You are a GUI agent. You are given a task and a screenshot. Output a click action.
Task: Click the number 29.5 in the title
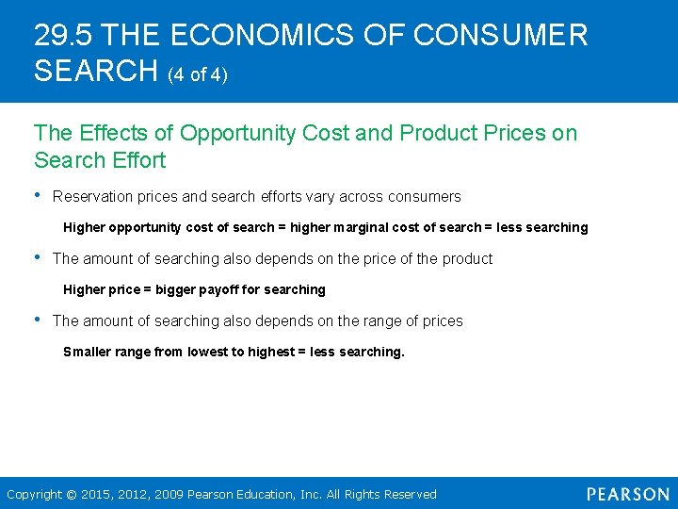coord(63,36)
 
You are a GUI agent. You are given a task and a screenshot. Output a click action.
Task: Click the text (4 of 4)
coord(198,74)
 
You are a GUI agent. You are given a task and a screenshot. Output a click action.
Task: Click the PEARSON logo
coord(627,494)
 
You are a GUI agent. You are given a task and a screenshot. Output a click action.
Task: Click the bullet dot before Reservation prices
coord(38,196)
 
